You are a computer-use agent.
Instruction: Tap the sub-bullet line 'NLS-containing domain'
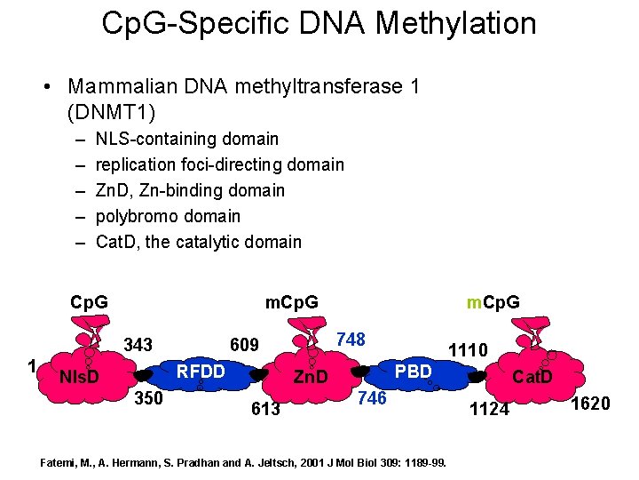tap(186, 139)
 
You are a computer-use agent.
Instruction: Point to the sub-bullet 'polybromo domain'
tap(168, 216)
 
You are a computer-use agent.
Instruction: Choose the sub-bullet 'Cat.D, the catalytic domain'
tap(198, 242)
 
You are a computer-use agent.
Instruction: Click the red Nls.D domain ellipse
tap(78, 377)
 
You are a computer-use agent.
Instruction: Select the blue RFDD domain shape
tap(201, 372)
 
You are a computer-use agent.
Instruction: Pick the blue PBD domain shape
tap(413, 372)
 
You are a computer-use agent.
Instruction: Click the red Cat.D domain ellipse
tap(531, 378)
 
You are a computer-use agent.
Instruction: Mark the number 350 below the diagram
tap(148, 398)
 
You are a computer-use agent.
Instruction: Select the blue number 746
tap(371, 398)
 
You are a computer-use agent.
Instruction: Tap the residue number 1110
tap(468, 350)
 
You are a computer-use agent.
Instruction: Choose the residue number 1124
tap(489, 409)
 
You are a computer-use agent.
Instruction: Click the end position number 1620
tap(590, 404)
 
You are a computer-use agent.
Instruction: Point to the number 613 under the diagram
tap(265, 409)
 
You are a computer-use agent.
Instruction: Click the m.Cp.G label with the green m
tap(493, 302)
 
